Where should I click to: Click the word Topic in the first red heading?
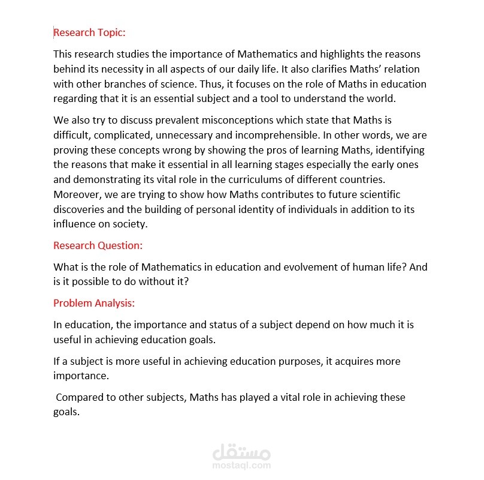tap(111, 32)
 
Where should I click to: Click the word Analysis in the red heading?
tap(114, 303)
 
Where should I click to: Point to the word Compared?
tap(78, 397)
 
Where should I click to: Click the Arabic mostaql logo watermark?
tap(241, 448)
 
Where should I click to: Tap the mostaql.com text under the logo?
tap(241, 465)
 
